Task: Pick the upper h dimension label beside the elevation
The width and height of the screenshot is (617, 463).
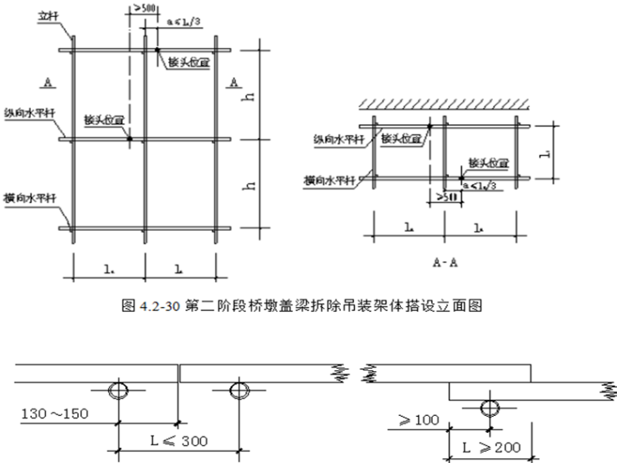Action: pyautogui.click(x=253, y=94)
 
